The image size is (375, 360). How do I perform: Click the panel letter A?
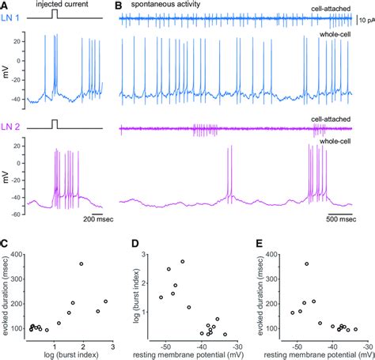(x=6, y=6)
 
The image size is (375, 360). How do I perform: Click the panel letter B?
(x=119, y=6)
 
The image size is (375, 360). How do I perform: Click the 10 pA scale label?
(x=366, y=17)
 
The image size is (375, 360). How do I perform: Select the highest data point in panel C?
(x=81, y=263)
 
